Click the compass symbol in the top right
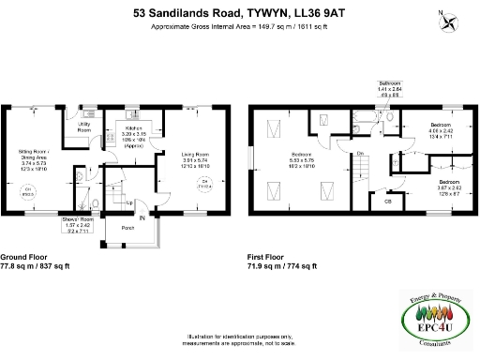[449, 22]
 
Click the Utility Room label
[83, 127]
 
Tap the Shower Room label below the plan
[77, 225]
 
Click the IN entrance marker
[142, 218]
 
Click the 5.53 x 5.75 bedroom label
[302, 158]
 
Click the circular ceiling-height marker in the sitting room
[29, 192]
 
